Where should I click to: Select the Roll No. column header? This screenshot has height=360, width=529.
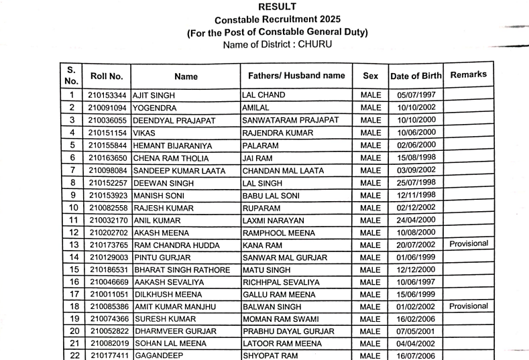point(107,76)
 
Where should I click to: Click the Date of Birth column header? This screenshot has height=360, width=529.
point(415,76)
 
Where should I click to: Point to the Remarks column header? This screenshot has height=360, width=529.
point(469,74)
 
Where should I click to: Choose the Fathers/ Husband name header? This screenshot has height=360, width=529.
point(296,76)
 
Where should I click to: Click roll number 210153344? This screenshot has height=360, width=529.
point(107,95)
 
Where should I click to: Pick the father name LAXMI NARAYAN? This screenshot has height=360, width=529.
point(273,220)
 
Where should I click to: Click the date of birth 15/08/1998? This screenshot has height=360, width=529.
point(416,158)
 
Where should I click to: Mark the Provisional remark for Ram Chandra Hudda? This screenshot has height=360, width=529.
point(469,243)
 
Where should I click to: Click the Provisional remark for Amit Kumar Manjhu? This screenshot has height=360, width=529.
point(469,306)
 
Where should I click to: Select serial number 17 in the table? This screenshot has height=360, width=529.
point(71,294)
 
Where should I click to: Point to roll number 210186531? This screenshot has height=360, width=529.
point(107,269)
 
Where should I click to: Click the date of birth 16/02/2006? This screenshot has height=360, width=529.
point(416,319)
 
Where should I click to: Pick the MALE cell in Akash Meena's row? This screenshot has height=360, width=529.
point(370,233)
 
